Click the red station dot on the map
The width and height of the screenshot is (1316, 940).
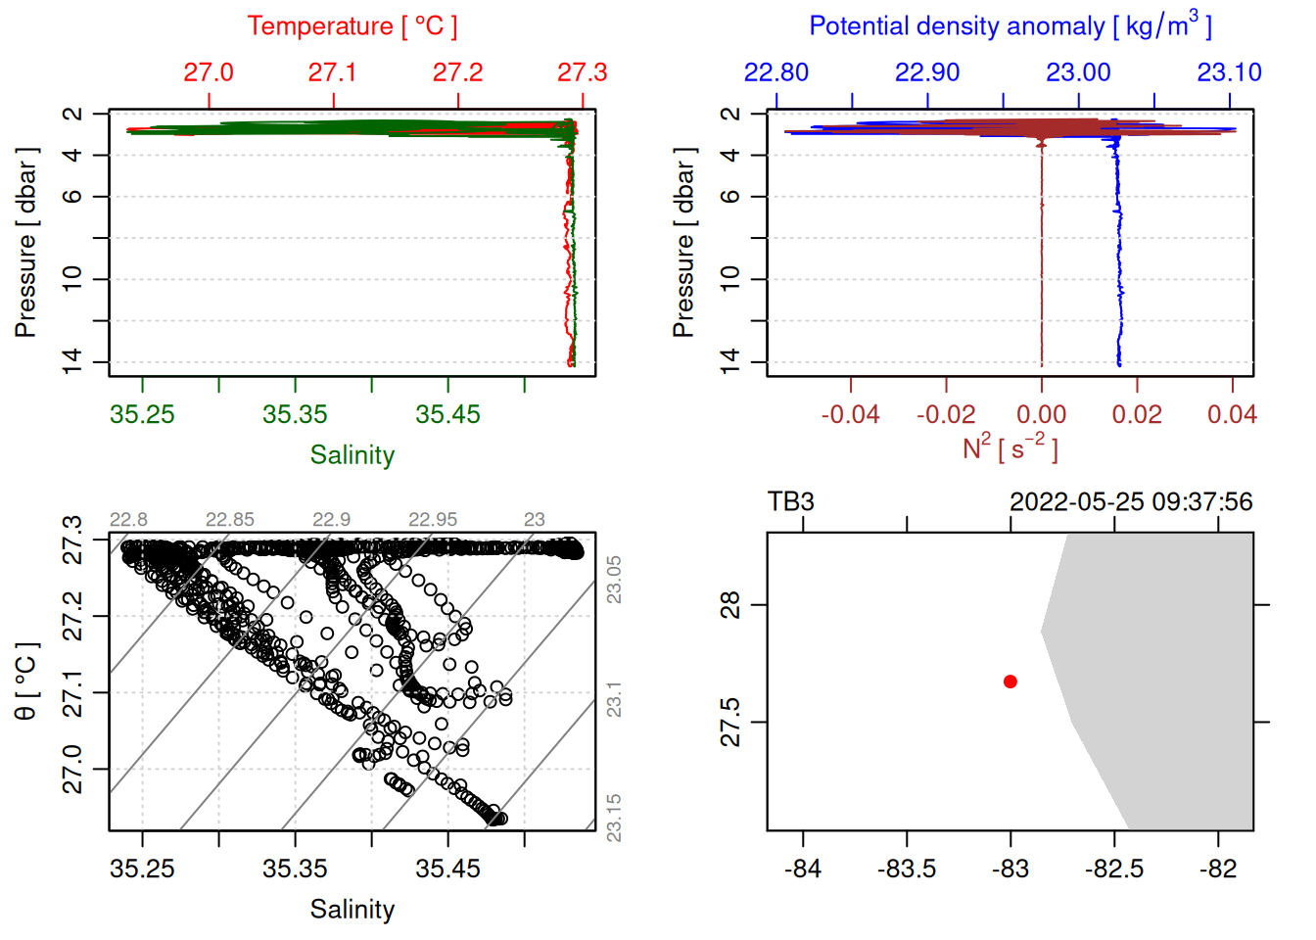(1010, 681)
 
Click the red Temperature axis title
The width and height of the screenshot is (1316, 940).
(352, 26)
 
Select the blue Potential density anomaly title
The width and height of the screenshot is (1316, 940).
(1010, 25)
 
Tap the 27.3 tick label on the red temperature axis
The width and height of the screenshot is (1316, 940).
(582, 72)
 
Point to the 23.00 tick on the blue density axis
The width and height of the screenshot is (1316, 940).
(1078, 72)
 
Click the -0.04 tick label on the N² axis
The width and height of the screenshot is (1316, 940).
(850, 414)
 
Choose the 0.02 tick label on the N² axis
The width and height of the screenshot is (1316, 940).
(1136, 414)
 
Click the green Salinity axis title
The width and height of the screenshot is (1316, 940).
(352, 455)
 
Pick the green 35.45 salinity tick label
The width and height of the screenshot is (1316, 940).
(447, 414)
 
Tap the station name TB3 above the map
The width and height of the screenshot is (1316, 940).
(791, 501)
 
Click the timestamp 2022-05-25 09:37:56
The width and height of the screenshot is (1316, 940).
(1131, 501)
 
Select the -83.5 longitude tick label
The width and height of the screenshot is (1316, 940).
(907, 869)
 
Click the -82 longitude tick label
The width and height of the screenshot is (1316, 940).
(1218, 869)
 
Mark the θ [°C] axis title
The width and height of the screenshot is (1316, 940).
(26, 681)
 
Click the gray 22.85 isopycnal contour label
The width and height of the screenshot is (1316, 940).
(229, 519)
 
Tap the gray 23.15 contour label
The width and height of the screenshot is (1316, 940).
(614, 817)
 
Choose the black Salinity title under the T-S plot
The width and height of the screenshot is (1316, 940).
(352, 910)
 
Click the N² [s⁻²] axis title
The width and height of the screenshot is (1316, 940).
(1010, 448)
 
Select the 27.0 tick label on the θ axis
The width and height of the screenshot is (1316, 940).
(72, 769)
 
